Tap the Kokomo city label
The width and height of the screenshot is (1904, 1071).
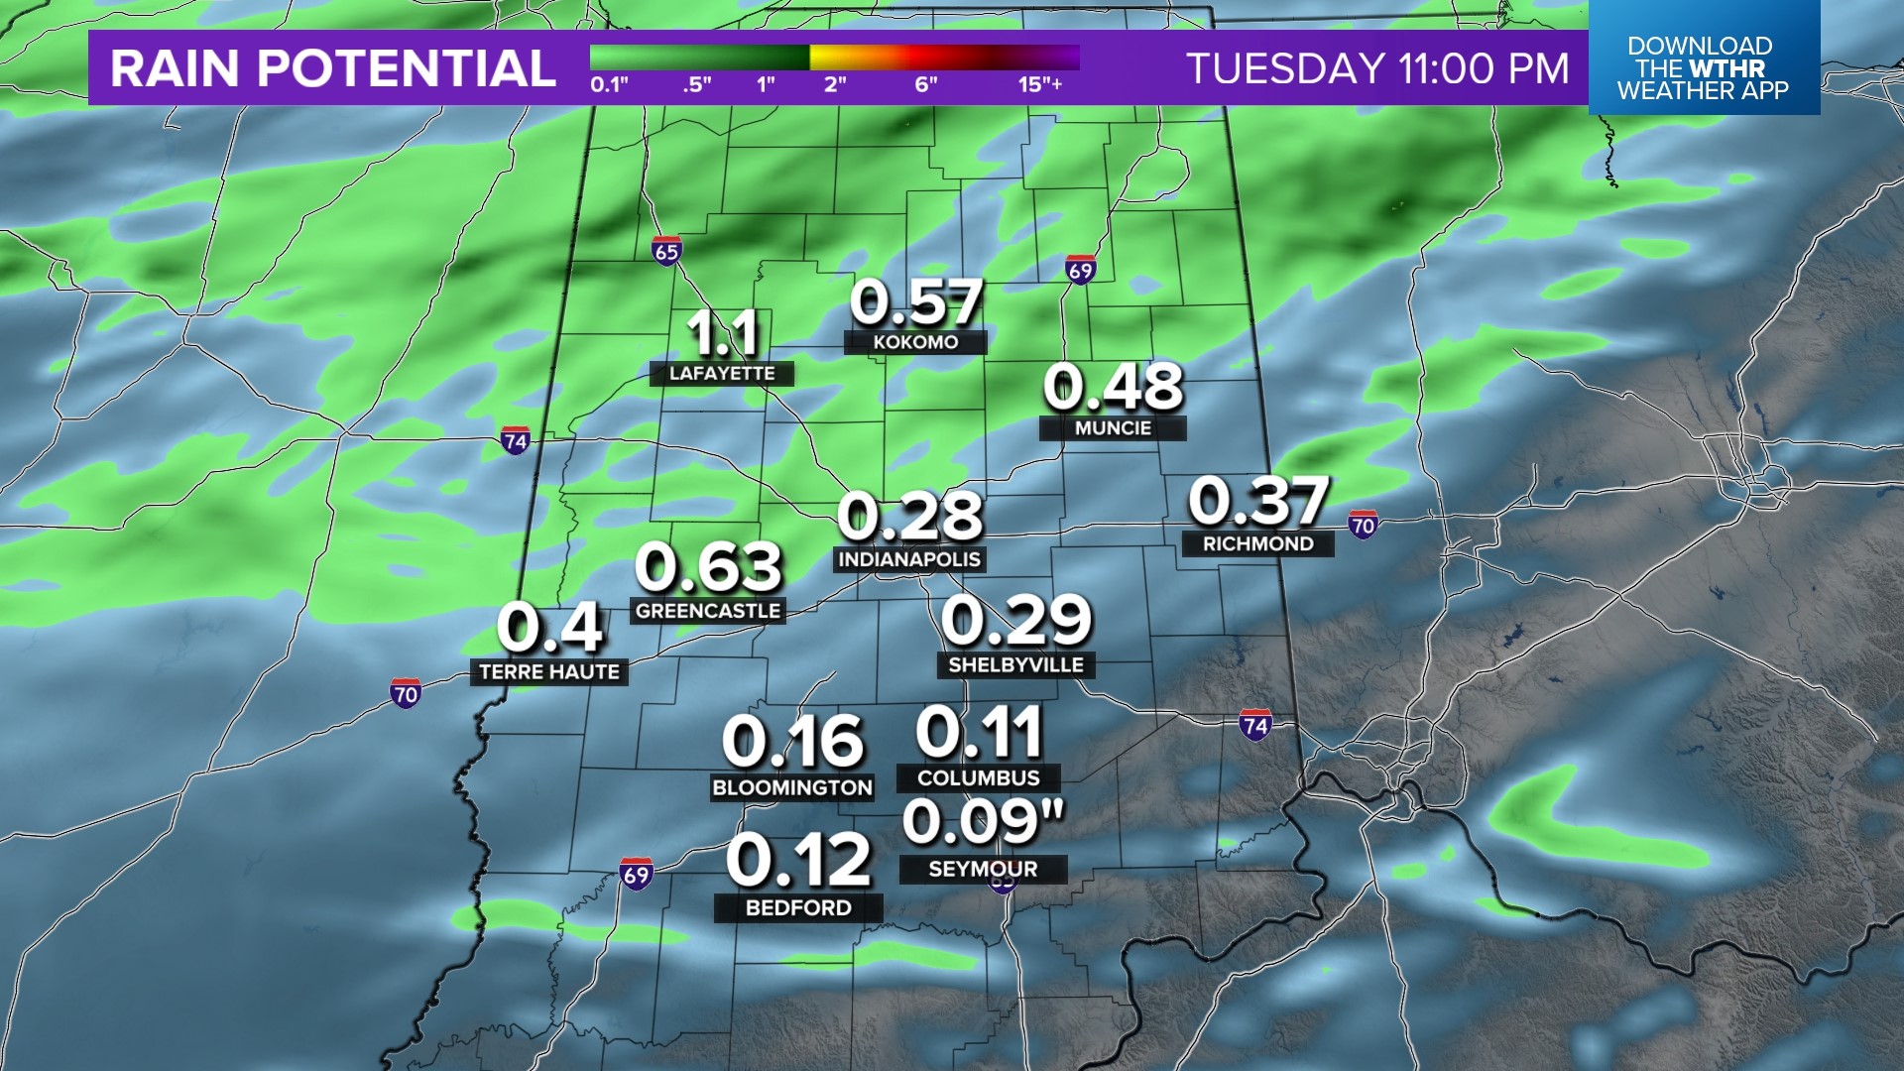pyautogui.click(x=915, y=342)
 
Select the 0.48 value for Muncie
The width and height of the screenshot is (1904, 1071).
pyautogui.click(x=1113, y=387)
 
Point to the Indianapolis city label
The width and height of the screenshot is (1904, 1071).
pyautogui.click(x=909, y=559)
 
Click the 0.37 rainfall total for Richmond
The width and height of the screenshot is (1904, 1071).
pyautogui.click(x=1258, y=501)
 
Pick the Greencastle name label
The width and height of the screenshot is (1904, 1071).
pyautogui.click(x=708, y=611)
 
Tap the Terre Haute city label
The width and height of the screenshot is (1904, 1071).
pyautogui.click(x=549, y=672)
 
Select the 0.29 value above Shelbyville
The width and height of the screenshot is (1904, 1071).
pyautogui.click(x=1016, y=621)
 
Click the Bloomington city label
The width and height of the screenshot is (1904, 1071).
pyautogui.click(x=792, y=787)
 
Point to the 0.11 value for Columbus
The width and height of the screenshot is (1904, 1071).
pyautogui.click(x=980, y=733)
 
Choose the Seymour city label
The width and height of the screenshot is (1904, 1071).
pyautogui.click(x=983, y=870)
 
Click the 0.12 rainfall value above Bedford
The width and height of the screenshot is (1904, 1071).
pyautogui.click(x=798, y=860)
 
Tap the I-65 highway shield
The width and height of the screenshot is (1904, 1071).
pyautogui.click(x=666, y=251)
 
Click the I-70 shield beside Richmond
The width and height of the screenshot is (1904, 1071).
pyautogui.click(x=1363, y=525)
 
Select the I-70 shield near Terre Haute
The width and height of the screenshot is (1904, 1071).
pyautogui.click(x=406, y=693)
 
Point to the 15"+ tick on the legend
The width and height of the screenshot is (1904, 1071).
pyautogui.click(x=1039, y=84)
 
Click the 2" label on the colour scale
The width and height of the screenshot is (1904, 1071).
pyautogui.click(x=835, y=84)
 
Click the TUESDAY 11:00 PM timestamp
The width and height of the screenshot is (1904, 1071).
pyautogui.click(x=1377, y=68)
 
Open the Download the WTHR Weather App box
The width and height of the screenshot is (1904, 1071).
pyautogui.click(x=1703, y=67)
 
